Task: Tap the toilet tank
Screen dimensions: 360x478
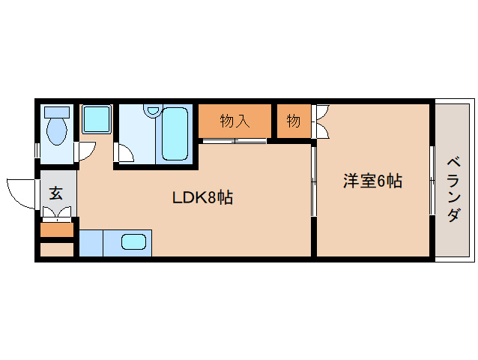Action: point(56,112)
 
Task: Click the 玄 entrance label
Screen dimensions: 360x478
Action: point(56,193)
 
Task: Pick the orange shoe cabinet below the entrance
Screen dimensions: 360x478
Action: point(56,229)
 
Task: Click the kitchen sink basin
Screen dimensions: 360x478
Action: point(134,242)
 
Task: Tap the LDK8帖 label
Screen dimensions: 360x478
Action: point(202,198)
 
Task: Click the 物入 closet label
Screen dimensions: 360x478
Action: point(235,121)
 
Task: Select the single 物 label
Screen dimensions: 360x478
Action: point(293,121)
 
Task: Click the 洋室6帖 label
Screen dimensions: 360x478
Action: point(372,181)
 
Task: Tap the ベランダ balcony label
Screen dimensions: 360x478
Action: point(453,190)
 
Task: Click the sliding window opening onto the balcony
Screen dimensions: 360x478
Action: point(432,180)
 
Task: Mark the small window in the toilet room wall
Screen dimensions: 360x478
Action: point(37,149)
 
